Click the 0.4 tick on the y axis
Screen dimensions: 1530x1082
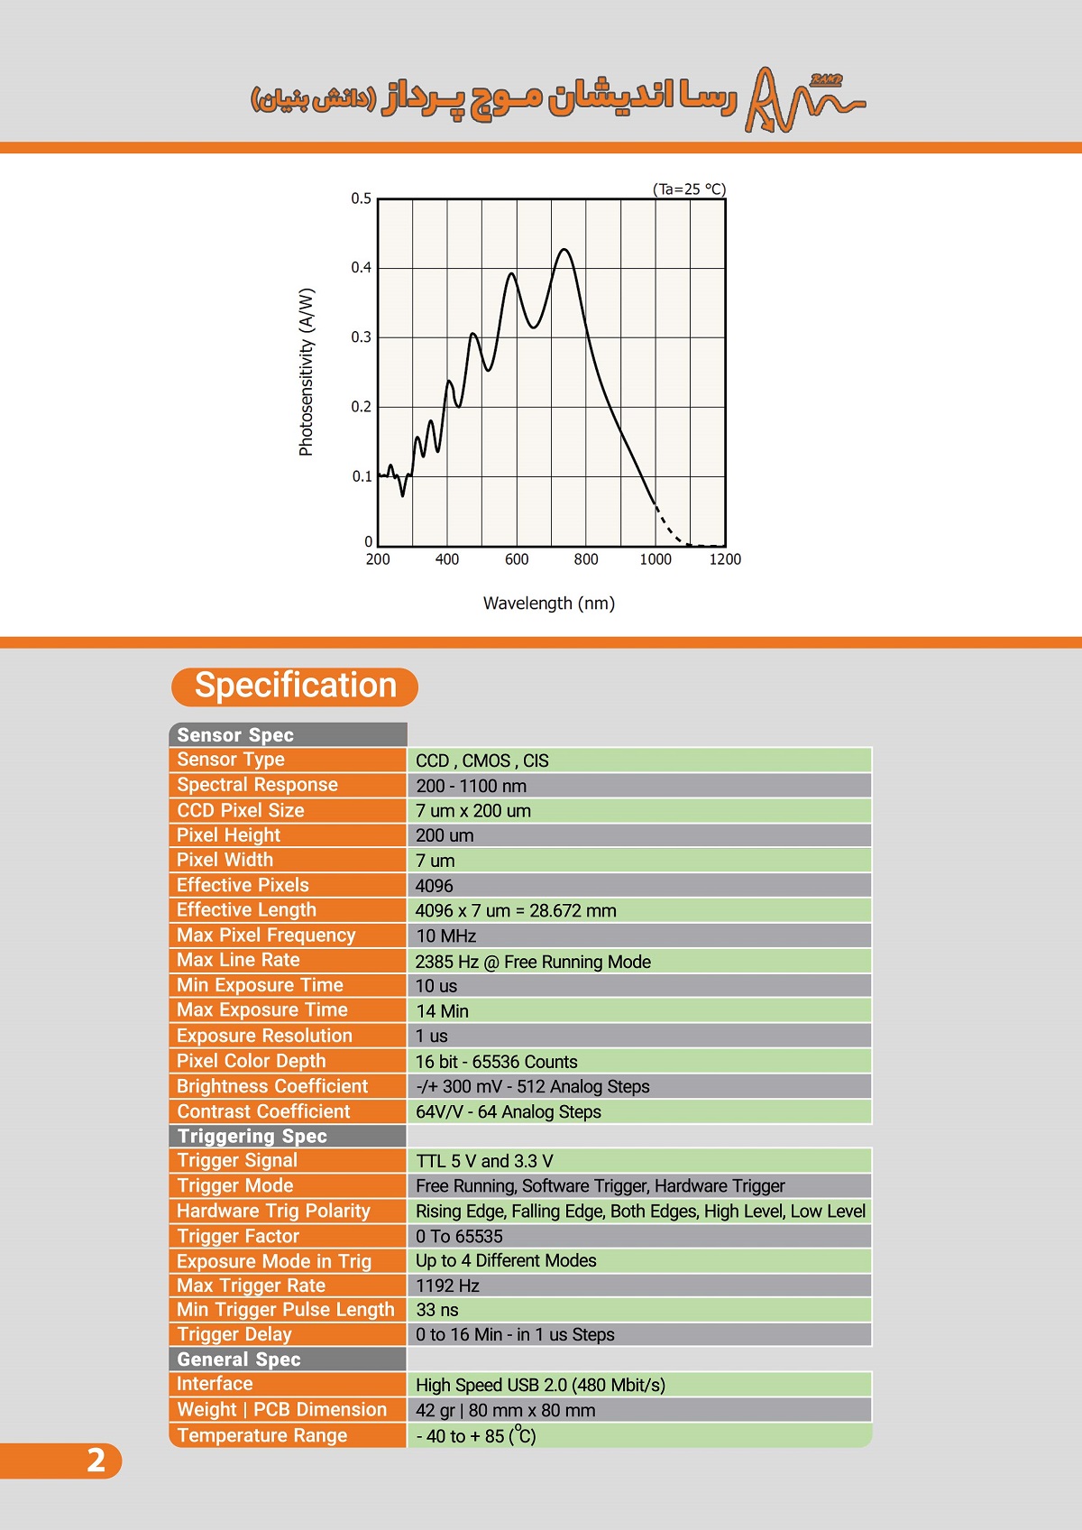pos(361,268)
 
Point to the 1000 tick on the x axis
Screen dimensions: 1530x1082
pos(656,559)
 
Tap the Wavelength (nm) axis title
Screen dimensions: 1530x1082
pos(548,604)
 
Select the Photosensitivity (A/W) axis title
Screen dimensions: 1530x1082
pos(307,372)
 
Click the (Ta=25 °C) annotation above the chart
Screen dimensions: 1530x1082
pos(689,189)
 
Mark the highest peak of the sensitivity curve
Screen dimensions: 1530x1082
pos(565,250)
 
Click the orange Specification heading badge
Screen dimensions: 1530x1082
pos(295,687)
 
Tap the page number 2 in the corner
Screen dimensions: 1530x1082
pos(95,1460)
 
